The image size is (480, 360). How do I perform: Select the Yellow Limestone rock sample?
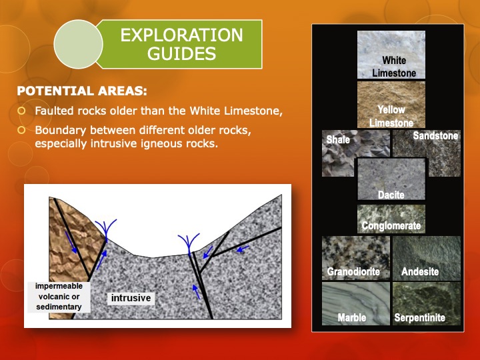tap(391, 104)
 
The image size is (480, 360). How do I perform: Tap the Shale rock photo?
tap(338, 153)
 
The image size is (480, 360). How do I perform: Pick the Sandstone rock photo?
tap(427, 153)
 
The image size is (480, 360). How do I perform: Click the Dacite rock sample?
tap(391, 179)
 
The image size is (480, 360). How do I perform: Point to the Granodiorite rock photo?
tap(353, 257)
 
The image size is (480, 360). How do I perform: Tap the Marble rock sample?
tap(353, 303)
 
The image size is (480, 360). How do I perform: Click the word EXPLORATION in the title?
tap(182, 35)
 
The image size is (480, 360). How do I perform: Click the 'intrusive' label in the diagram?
tap(131, 298)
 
